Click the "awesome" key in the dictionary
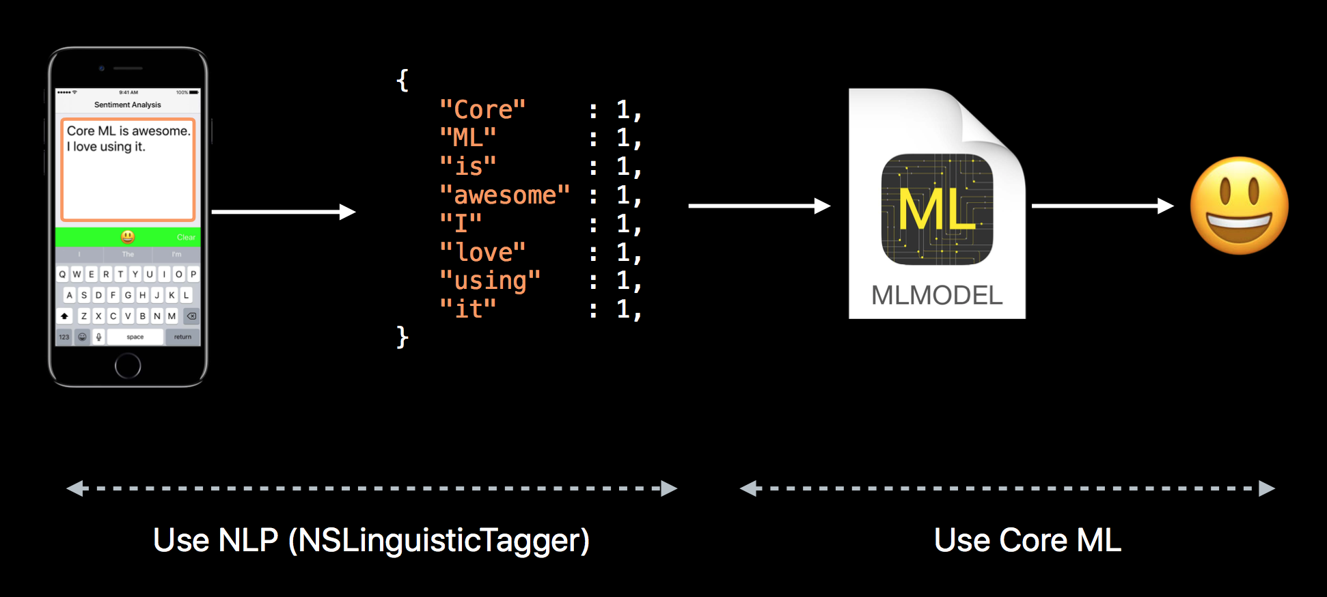click(504, 195)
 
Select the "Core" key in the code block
click(482, 110)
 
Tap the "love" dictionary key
click(482, 253)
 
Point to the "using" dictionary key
click(490, 281)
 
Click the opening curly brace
click(402, 81)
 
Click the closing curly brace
click(402, 337)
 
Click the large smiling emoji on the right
click(1239, 206)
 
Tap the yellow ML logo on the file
click(937, 209)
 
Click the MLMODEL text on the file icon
click(937, 296)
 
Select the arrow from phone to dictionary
click(284, 212)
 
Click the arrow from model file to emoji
click(1102, 206)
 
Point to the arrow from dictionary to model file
click(759, 206)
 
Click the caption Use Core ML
click(1027, 540)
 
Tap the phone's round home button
click(128, 365)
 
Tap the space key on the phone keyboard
click(135, 337)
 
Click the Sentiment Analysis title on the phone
click(128, 105)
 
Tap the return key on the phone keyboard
click(182, 337)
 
